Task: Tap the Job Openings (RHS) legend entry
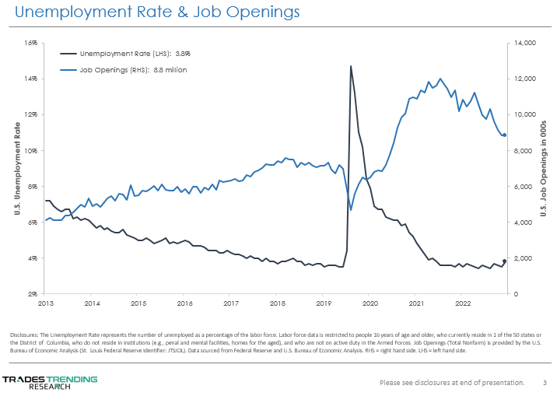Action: (x=132, y=70)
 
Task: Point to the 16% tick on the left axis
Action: (x=32, y=43)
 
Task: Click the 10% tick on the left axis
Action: (x=32, y=151)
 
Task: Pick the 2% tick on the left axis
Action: (x=33, y=294)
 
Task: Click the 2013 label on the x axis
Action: (x=45, y=303)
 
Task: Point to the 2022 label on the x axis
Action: (x=463, y=303)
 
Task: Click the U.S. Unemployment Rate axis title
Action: (x=17, y=168)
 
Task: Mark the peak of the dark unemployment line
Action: (x=351, y=66)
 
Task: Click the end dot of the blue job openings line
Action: (x=504, y=135)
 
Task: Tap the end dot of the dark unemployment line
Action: (x=504, y=261)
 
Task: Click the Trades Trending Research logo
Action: (x=50, y=382)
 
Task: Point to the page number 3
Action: (x=545, y=383)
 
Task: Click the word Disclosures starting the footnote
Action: (x=25, y=335)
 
